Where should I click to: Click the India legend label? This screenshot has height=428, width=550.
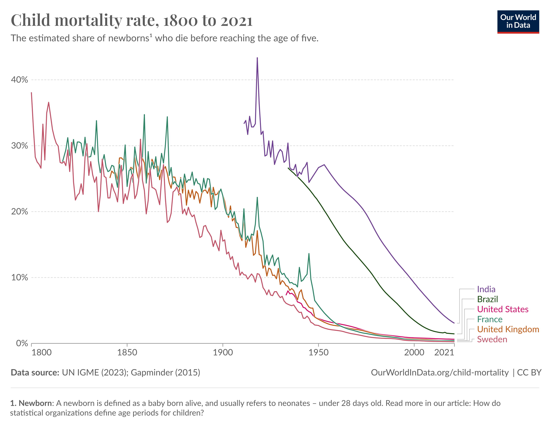(x=486, y=289)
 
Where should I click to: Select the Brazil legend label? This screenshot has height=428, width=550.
(x=488, y=299)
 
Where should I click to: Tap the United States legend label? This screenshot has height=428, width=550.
(x=503, y=309)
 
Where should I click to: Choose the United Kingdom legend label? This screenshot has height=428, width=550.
(x=508, y=329)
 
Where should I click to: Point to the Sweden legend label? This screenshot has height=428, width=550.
(x=492, y=339)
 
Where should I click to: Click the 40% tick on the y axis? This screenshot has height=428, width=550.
(x=19, y=80)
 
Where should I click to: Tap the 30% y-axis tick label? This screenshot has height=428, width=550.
(x=19, y=146)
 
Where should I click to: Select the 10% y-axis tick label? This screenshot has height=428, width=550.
(x=19, y=277)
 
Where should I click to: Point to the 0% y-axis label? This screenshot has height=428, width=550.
(x=22, y=343)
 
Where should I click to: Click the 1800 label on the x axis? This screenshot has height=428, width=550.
(x=42, y=352)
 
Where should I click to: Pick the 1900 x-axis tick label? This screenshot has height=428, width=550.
(x=223, y=352)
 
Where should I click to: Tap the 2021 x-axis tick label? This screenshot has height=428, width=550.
(x=444, y=352)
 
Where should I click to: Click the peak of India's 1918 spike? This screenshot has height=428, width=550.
(x=257, y=58)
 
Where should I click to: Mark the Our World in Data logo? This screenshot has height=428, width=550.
(x=518, y=22)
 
